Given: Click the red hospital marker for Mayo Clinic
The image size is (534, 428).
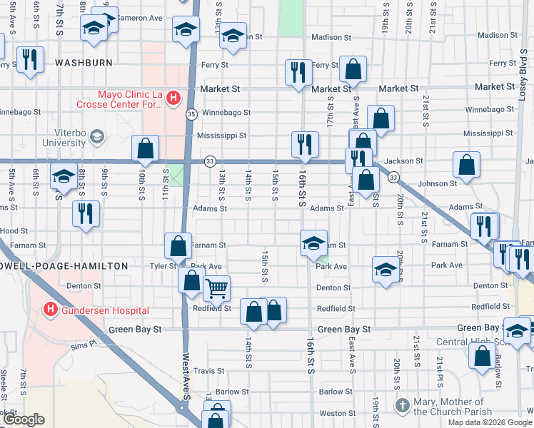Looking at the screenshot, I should click(x=172, y=97).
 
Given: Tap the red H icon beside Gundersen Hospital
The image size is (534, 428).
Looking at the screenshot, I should click(x=50, y=310).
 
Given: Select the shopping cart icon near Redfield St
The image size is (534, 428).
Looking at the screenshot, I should click(x=216, y=288).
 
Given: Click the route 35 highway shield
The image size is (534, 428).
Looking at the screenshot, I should click(x=191, y=113).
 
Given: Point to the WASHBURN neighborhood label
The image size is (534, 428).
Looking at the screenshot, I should click(x=84, y=63).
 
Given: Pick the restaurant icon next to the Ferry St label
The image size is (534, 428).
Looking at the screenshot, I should click(x=298, y=71).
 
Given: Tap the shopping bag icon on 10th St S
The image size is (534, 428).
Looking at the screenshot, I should click(x=145, y=148).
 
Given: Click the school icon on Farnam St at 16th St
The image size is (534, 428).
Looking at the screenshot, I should click(x=313, y=243).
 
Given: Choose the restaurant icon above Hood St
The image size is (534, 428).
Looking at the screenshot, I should click(x=86, y=213).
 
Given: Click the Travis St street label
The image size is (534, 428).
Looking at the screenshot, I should click(x=209, y=371).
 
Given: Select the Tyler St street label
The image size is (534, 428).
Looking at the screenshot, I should click(x=163, y=266).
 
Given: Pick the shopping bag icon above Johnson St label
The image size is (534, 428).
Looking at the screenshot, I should click(x=465, y=165).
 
